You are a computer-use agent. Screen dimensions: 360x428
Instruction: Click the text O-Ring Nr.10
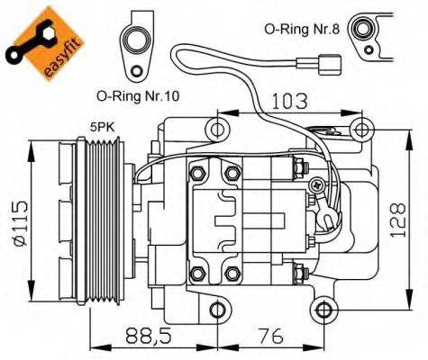[x=135, y=94]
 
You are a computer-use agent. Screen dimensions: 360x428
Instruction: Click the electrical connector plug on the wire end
[x=331, y=64]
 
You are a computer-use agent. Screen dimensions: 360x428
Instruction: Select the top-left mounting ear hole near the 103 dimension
[x=216, y=128]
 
